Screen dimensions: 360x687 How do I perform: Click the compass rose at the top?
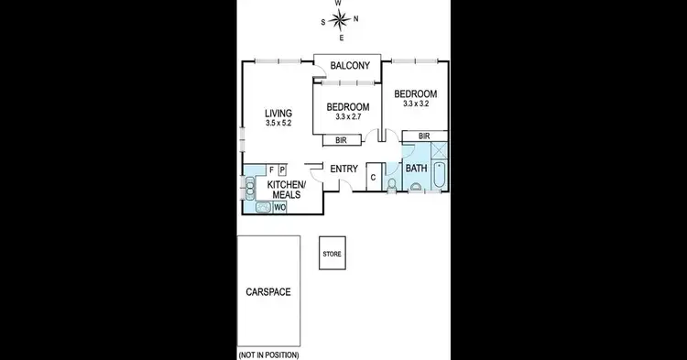coord(339,20)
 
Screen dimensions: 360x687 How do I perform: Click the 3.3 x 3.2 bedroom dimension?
coord(415,104)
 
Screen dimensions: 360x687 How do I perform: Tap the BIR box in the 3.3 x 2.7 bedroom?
coord(341,141)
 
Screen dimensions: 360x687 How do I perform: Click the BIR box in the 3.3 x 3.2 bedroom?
coord(424,136)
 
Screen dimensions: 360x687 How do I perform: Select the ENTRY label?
coord(343,169)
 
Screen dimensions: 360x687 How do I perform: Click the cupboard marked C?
coord(373,177)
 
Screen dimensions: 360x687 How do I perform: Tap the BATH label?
coord(416,169)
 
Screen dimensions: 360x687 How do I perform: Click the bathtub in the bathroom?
coord(440,176)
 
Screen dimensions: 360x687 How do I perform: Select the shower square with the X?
coord(439,151)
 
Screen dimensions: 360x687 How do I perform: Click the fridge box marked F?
coord(271,169)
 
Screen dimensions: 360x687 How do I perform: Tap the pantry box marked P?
coord(282,169)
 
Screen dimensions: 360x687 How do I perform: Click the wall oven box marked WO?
coord(279,208)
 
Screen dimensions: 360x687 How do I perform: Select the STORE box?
coord(332,253)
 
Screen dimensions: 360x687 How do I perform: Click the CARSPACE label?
coord(267,292)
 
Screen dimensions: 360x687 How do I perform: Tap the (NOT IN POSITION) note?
coord(267,354)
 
